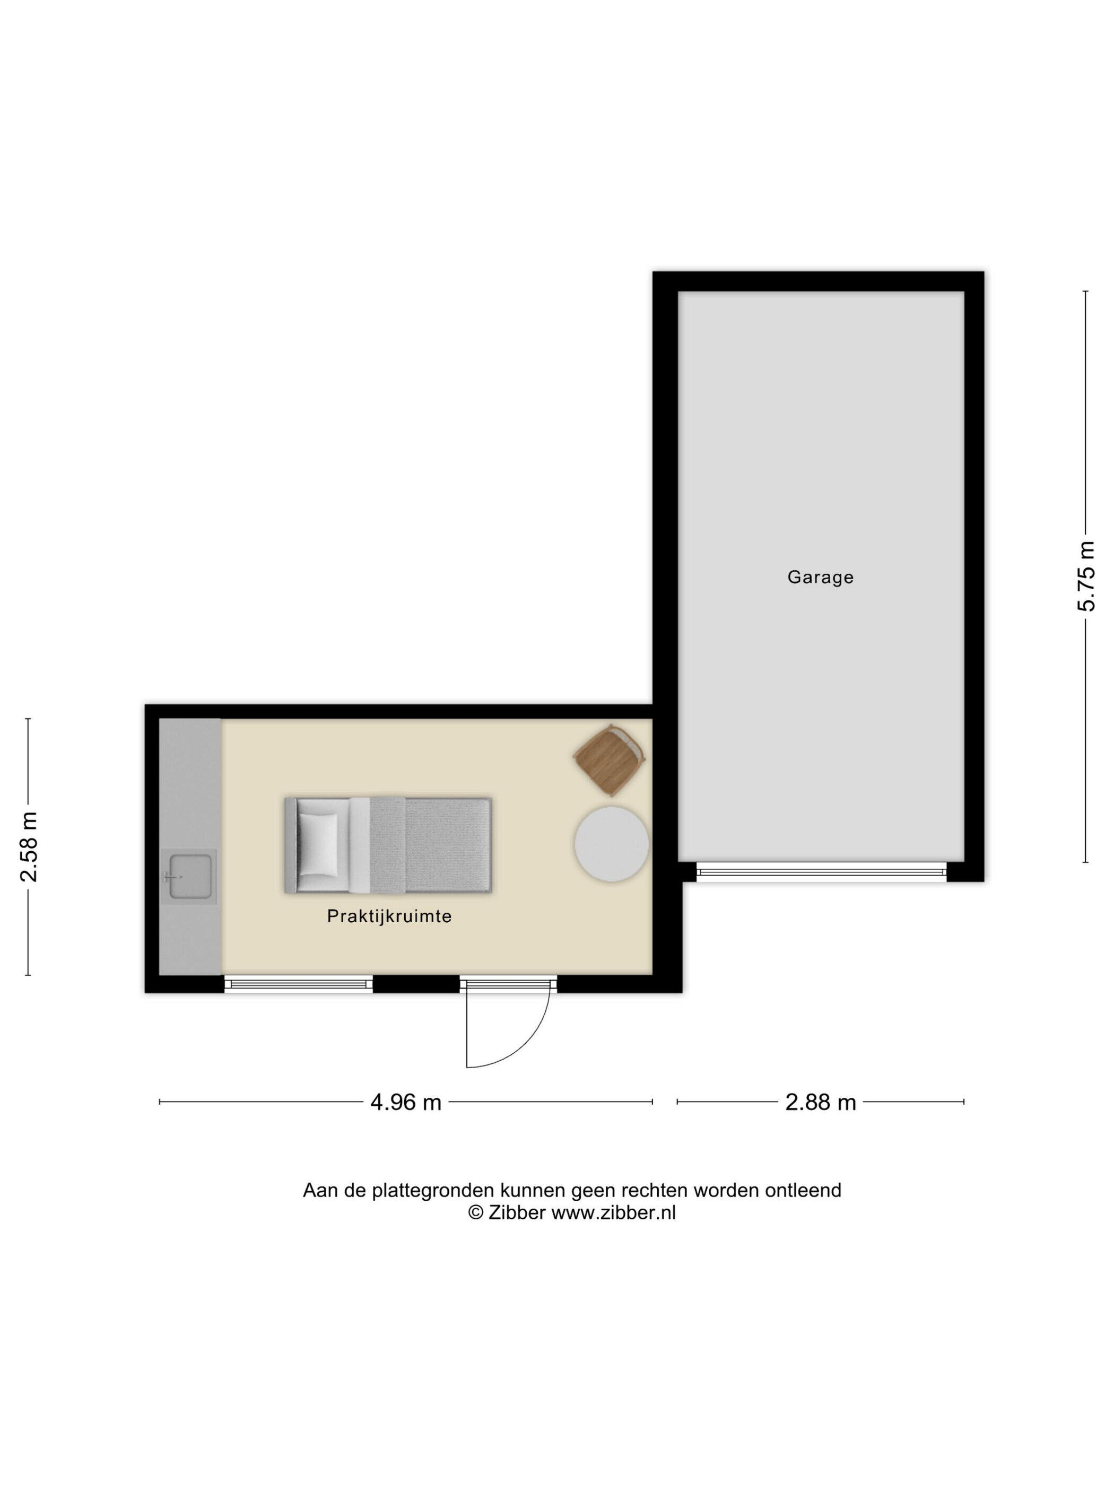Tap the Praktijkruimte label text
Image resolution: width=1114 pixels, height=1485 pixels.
[x=389, y=916]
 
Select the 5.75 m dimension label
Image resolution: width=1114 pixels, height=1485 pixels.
[x=1086, y=576]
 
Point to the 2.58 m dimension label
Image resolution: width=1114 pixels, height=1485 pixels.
[x=28, y=846]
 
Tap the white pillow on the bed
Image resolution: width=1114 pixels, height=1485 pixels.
[x=318, y=845]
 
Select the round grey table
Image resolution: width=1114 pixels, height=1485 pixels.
[x=611, y=844]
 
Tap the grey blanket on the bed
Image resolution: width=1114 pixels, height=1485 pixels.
[x=430, y=845]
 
